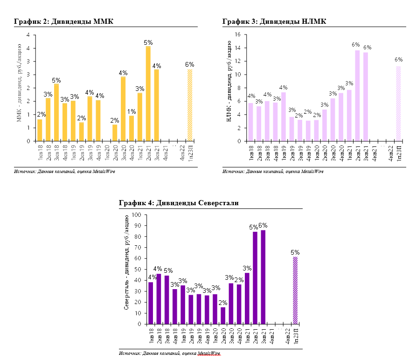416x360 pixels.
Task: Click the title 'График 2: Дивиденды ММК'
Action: (x=64, y=21)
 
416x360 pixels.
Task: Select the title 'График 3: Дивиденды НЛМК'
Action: (x=274, y=21)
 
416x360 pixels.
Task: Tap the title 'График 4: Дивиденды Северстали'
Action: (x=179, y=203)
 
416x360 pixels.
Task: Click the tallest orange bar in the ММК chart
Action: (x=148, y=93)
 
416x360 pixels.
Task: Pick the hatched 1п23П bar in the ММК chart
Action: (x=190, y=105)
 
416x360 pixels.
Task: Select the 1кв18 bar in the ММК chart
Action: (x=40, y=130)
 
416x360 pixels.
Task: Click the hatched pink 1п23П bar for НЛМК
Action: (x=399, y=104)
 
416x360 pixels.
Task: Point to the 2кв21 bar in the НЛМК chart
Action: (x=357, y=96)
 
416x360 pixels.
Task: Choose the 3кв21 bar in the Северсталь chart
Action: (x=263, y=277)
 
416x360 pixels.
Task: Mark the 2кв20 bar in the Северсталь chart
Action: (x=223, y=316)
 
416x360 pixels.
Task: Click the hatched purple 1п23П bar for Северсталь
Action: (x=295, y=291)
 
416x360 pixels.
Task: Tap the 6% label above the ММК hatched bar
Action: (x=189, y=65)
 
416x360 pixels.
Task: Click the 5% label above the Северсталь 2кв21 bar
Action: (x=254, y=227)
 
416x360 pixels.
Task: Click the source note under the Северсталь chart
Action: (x=169, y=353)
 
